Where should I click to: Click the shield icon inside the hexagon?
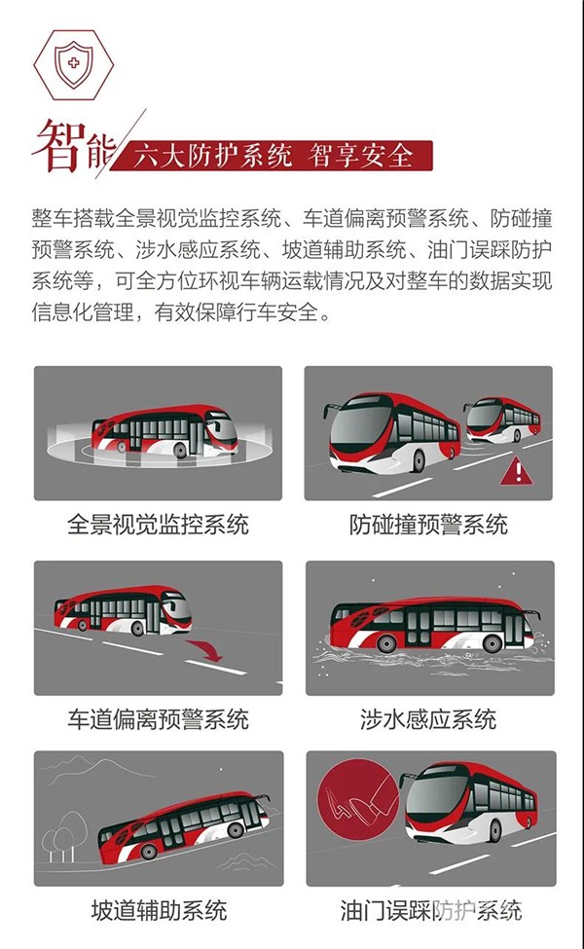tap(74, 64)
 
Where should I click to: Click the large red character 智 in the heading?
tap(57, 146)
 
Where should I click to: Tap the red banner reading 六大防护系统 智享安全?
tap(273, 156)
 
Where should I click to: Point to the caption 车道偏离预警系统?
tap(158, 719)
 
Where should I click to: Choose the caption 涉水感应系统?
tap(428, 719)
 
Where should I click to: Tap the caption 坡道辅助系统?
tap(160, 910)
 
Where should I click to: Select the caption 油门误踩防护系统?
tap(431, 910)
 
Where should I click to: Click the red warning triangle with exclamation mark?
tap(516, 472)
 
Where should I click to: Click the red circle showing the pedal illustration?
tap(358, 800)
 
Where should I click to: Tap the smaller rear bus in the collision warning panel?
tap(502, 419)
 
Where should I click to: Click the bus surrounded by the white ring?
tap(164, 431)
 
